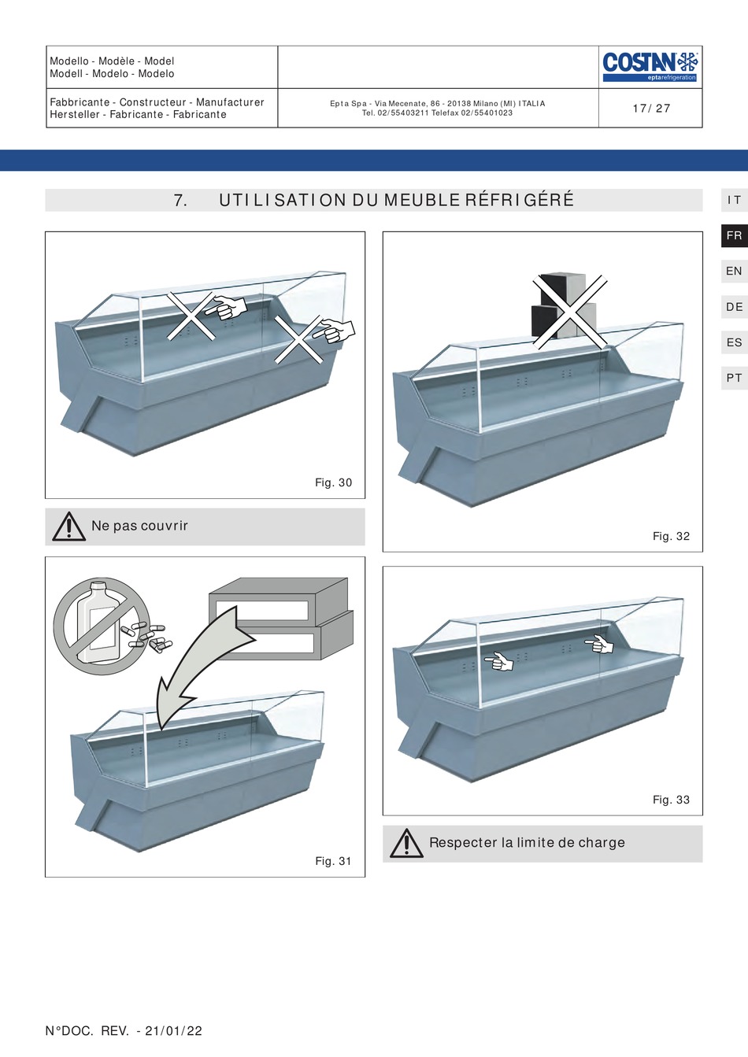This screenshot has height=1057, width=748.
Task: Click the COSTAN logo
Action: click(650, 66)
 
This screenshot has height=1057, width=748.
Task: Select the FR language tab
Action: click(734, 235)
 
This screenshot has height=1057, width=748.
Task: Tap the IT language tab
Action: click(734, 200)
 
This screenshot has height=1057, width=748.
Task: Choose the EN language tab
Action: click(734, 271)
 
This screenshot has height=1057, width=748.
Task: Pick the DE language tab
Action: click(734, 307)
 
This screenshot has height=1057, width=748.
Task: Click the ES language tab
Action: click(734, 342)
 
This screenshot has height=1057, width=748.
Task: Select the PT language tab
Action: click(734, 378)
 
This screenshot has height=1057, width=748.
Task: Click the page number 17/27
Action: click(651, 109)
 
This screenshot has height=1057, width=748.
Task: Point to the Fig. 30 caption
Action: click(333, 482)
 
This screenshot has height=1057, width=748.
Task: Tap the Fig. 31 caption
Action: click(333, 861)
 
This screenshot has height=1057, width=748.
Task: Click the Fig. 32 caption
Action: click(671, 536)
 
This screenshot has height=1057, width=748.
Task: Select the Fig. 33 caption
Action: click(671, 800)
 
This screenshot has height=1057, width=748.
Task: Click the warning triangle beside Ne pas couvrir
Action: click(69, 527)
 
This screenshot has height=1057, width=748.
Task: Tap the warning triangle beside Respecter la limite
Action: click(406, 844)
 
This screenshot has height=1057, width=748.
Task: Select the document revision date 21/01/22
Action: click(173, 1031)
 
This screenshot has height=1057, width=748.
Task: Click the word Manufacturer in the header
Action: click(230, 102)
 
